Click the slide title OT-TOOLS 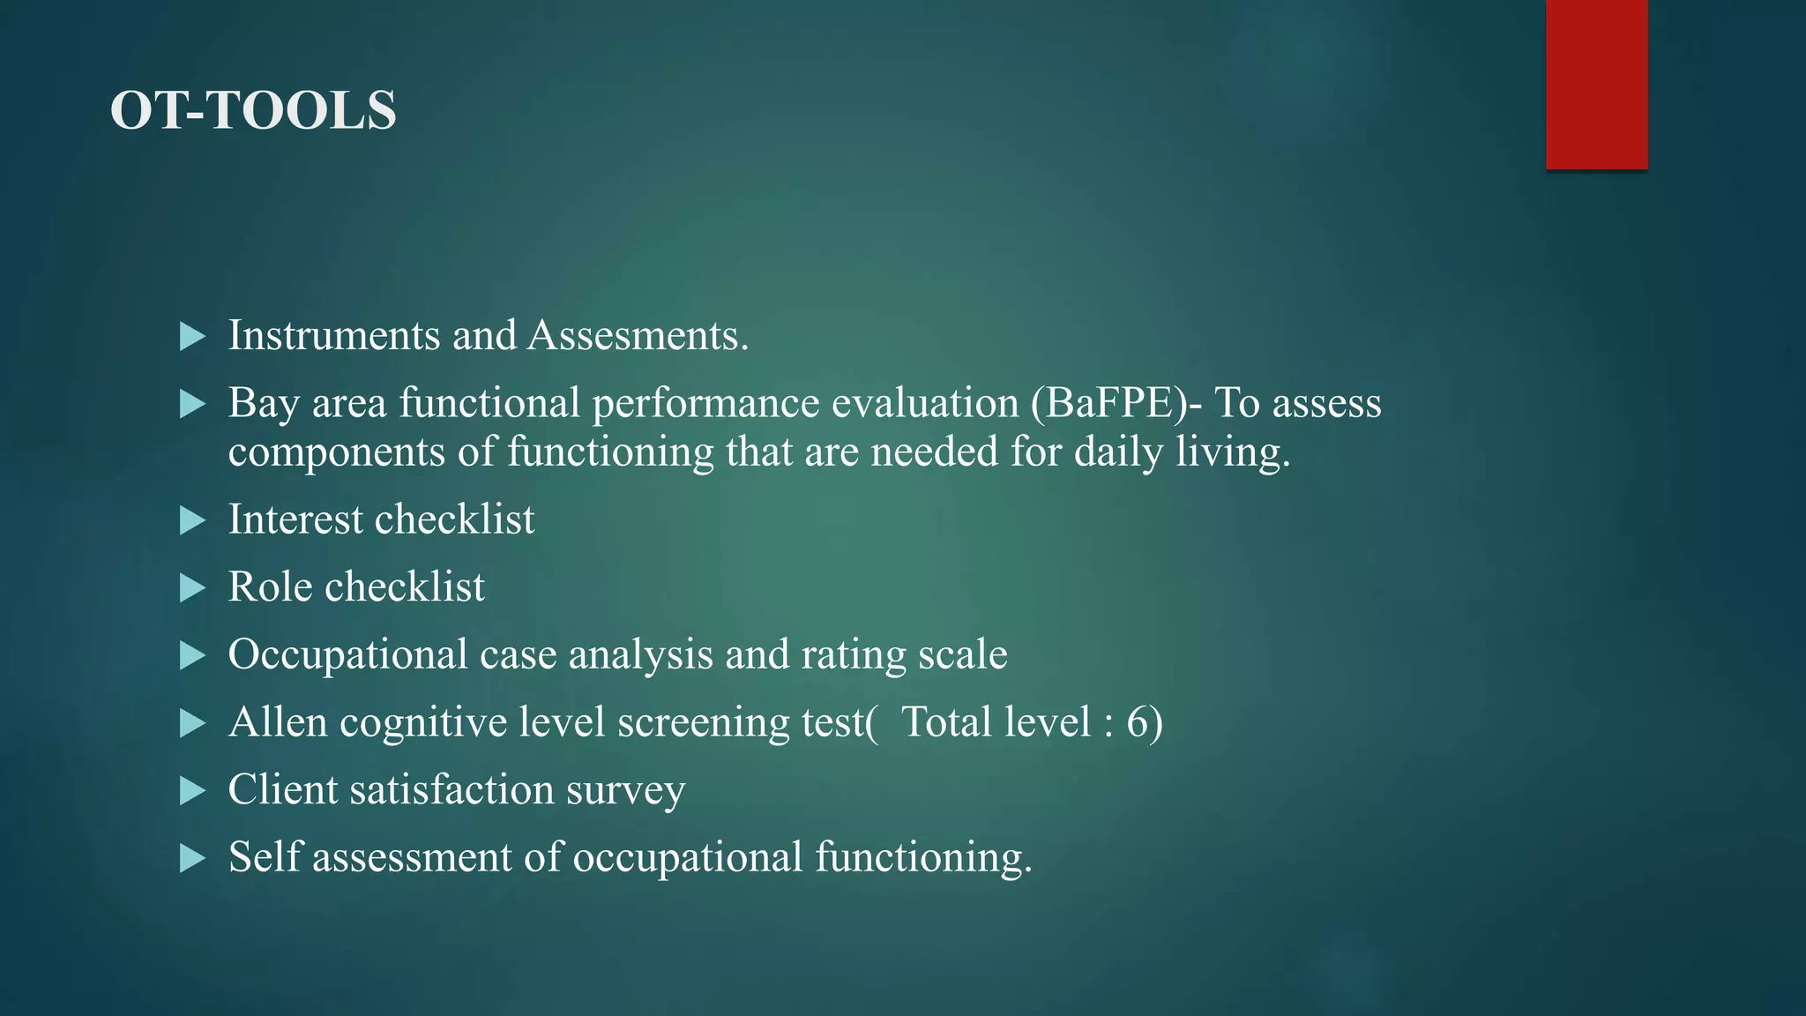point(253,110)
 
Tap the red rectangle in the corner point(1596,84)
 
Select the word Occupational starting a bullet point(347,655)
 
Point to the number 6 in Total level point(1138,722)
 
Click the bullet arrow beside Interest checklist point(191,520)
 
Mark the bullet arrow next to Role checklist point(191,588)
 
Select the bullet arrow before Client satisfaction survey point(191,790)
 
